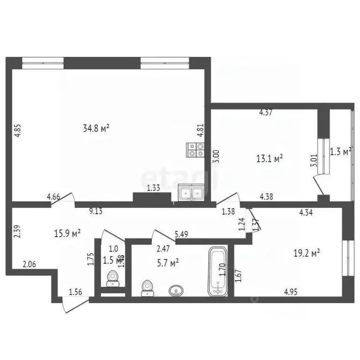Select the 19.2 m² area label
tap(307, 253)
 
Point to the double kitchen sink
tap(191, 193)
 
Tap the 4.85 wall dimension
tap(17, 130)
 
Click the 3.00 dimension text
tap(216, 156)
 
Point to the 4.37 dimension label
tap(266, 112)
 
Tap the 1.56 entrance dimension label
tap(76, 292)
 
